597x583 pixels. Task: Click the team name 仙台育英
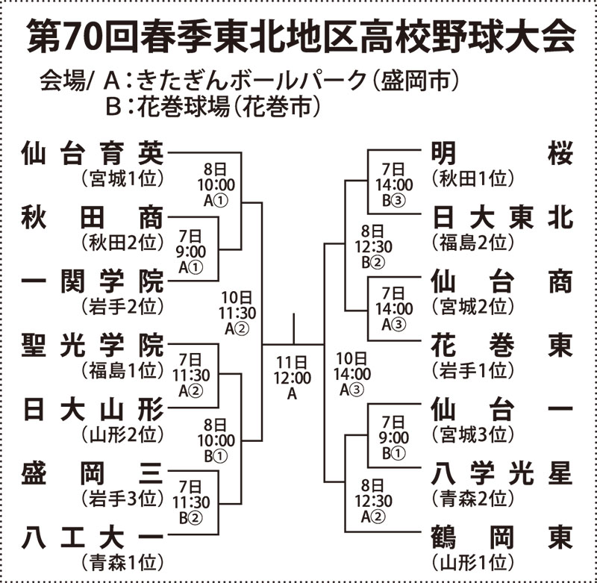point(92,154)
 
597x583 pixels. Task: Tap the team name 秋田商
point(92,217)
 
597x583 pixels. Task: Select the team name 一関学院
point(92,281)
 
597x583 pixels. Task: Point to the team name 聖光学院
point(92,345)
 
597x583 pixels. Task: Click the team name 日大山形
point(92,408)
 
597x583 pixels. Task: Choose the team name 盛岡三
point(92,472)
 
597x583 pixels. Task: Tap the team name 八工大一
point(92,535)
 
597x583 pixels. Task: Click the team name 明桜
point(502,154)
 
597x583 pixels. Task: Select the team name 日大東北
point(502,217)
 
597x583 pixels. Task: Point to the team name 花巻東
point(502,345)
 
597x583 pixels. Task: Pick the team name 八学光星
point(502,472)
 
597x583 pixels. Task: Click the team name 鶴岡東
point(502,535)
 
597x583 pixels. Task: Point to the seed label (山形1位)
point(472,561)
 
